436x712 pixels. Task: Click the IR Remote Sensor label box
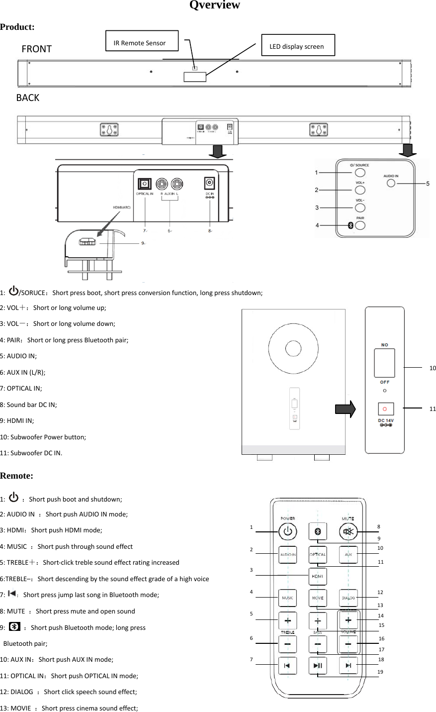tap(142, 42)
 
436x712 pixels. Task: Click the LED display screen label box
tap(298, 46)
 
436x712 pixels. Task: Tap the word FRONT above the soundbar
tap(36, 49)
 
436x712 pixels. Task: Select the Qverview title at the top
tap(215, 5)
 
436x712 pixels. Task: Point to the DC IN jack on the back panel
tap(210, 183)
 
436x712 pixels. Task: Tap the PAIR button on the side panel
tap(359, 225)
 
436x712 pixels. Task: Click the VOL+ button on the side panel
tap(359, 190)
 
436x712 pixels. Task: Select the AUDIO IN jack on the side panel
tap(391, 183)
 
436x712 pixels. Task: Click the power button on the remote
tap(287, 531)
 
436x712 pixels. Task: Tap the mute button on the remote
tap(348, 531)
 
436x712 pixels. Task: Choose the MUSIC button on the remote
tap(287, 598)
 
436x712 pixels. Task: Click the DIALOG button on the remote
tap(348, 598)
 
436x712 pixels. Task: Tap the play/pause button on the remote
tap(318, 665)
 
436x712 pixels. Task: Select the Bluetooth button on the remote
tap(318, 531)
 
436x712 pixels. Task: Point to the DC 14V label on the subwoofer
tap(385, 421)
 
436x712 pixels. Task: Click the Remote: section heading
tap(17, 476)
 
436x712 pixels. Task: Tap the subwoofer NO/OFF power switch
tap(384, 363)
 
